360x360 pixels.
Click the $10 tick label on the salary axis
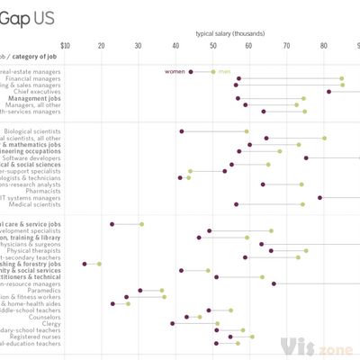[65, 46]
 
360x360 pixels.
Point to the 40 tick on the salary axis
[175, 46]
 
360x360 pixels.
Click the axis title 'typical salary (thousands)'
[230, 33]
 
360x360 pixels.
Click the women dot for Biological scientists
[182, 131]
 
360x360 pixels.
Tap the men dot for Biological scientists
[247, 131]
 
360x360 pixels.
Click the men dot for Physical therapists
[306, 251]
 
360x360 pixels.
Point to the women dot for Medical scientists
[237, 204]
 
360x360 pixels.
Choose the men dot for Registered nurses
[252, 337]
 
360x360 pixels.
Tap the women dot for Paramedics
[140, 291]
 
